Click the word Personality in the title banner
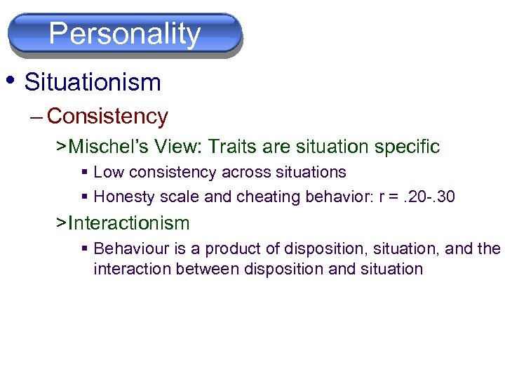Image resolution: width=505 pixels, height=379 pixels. click(x=125, y=33)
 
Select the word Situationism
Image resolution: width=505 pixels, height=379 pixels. click(x=93, y=83)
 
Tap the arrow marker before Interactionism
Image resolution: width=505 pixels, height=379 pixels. click(x=62, y=223)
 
